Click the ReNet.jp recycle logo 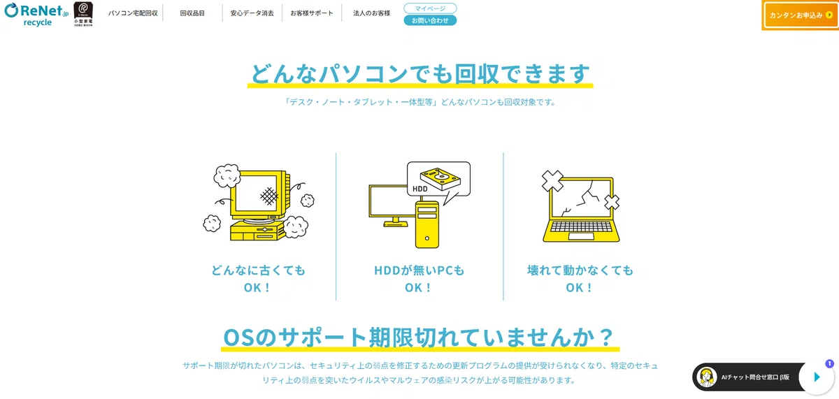click(36, 15)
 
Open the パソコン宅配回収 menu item click(133, 13)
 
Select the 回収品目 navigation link click(192, 13)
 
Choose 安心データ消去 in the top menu click(252, 13)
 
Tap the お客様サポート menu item click(312, 13)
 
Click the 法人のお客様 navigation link click(371, 13)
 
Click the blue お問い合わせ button click(430, 20)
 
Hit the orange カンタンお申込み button click(800, 15)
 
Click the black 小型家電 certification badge click(83, 14)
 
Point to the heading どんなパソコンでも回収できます click(420, 73)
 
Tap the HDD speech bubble click(438, 180)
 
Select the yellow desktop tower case click(427, 224)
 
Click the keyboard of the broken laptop click(581, 226)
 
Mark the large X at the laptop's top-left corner click(552, 181)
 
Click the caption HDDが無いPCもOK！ click(419, 279)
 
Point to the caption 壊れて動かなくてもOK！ click(580, 279)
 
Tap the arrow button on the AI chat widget click(817, 377)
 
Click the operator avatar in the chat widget click(706, 377)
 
